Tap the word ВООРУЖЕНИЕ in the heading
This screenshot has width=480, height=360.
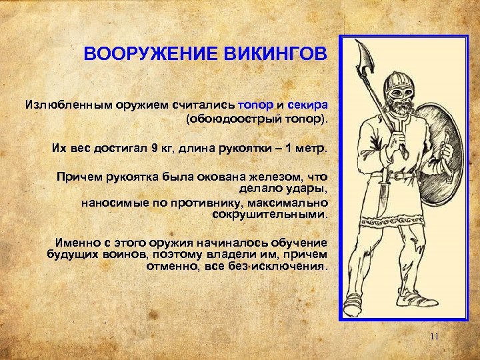point(149,53)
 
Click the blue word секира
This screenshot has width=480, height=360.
point(307,105)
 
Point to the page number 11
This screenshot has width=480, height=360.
point(434,337)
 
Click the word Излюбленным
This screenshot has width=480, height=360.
point(65,105)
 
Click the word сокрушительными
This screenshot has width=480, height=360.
point(270,215)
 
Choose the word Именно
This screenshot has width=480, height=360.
point(78,243)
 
